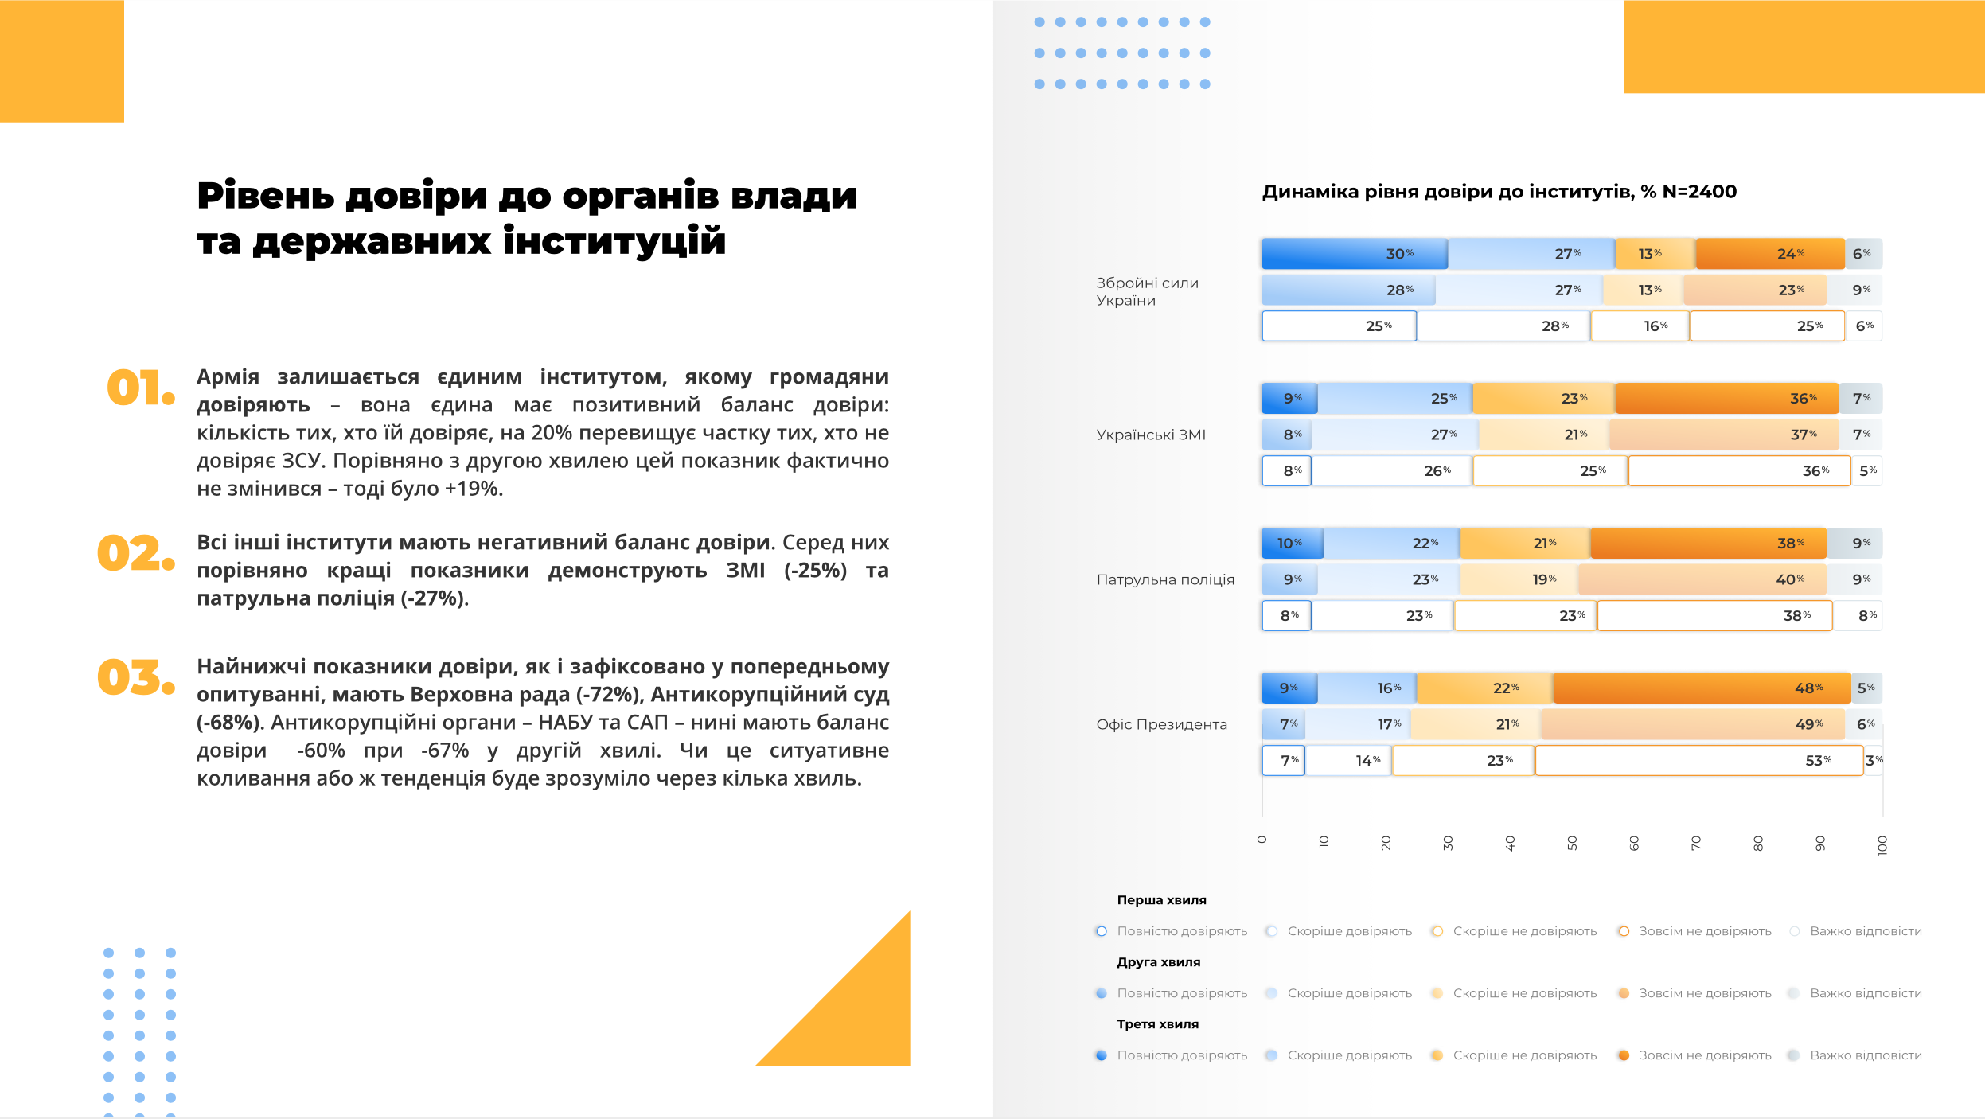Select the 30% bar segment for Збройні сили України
tap(1354, 254)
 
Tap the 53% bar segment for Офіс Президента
tap(1698, 760)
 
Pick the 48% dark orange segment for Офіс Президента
tap(1702, 688)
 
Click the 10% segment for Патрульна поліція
tap(1293, 543)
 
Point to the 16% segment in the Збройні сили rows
tap(1640, 326)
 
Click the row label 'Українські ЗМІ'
tap(1151, 435)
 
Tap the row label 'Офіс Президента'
tap(1161, 724)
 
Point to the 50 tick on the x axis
tap(1572, 843)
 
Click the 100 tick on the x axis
tap(1882, 845)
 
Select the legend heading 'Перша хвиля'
tap(1161, 900)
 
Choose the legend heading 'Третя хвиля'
tap(1157, 1024)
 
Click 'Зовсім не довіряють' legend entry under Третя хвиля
tap(1704, 1055)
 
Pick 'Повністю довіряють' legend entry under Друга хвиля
tap(1181, 993)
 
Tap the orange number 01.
tap(140, 388)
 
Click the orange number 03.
tap(135, 677)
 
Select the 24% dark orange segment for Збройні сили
tap(1769, 254)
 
